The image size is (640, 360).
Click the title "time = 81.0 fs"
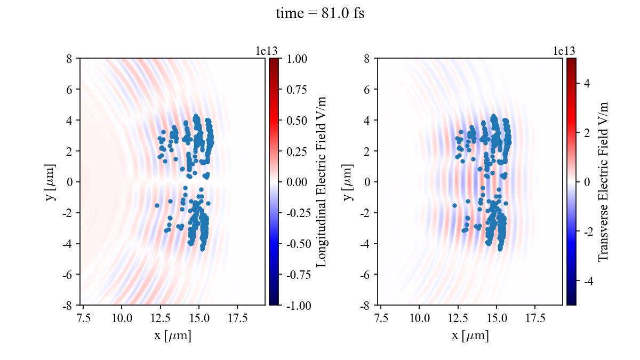coord(320,14)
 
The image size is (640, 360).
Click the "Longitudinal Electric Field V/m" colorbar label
coord(322,181)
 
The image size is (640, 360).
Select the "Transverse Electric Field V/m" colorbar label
coord(603,181)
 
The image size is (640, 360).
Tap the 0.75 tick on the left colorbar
coord(295,90)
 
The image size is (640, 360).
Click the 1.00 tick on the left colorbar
coord(295,59)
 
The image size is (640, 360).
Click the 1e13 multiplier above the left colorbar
coord(266,51)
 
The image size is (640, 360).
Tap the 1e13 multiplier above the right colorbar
coord(564,51)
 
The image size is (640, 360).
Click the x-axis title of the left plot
coord(172,336)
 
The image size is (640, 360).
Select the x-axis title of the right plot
coord(470,336)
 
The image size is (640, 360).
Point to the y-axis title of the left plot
coord(51,181)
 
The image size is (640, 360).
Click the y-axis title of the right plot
coord(348,181)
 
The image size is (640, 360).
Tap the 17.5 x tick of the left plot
coord(237,318)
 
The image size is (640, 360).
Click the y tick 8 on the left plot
coord(69,59)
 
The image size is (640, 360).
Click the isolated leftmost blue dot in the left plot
coord(157,205)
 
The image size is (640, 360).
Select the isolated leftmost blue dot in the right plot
coord(454,205)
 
